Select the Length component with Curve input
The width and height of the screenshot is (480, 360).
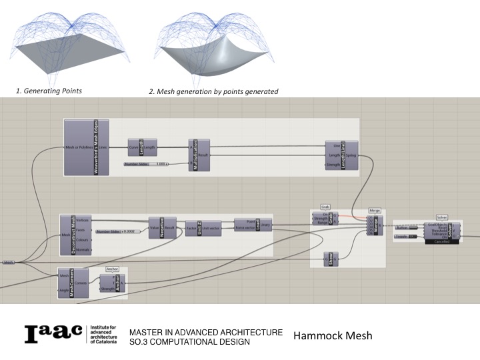pyautogui.click(x=141, y=147)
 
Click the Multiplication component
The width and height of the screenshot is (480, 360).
pyautogui.click(x=199, y=154)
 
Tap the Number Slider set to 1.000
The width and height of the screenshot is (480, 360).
pyautogui.click(x=146, y=163)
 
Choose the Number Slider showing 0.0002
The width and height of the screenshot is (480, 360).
pyautogui.click(x=119, y=231)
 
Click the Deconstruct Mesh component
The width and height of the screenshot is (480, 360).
pyautogui.click(x=72, y=234)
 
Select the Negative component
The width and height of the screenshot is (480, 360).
pyautogui.click(x=161, y=227)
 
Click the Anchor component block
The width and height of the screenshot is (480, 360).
pyautogui.click(x=117, y=284)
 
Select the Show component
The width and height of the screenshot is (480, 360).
pyautogui.click(x=335, y=259)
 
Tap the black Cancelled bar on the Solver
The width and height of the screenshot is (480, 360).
pyautogui.click(x=441, y=241)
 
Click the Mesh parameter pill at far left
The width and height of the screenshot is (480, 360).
pyautogui.click(x=9, y=263)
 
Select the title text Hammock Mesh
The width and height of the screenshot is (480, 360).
pyautogui.click(x=332, y=335)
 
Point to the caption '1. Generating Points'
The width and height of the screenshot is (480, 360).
pyautogui.click(x=49, y=91)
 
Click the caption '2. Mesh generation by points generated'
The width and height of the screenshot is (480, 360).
pyautogui.click(x=213, y=91)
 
